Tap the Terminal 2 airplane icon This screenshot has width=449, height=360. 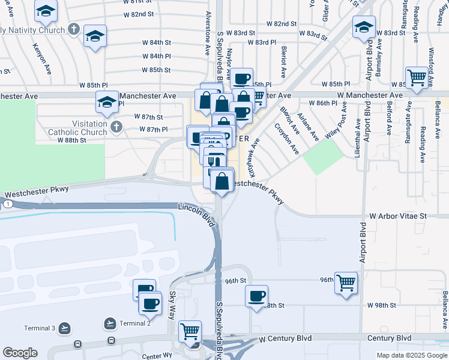coord(110,323)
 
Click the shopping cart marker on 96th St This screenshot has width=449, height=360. coord(346,282)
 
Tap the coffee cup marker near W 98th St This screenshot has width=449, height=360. coord(257,296)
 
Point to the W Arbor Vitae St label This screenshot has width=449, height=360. coord(397,215)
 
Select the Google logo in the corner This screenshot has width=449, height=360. coord(20,353)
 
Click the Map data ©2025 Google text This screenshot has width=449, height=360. coord(412,355)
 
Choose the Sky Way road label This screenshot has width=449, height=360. coord(172,305)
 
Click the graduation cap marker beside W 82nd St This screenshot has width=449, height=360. coord(95,35)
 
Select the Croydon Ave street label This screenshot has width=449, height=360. coord(286,139)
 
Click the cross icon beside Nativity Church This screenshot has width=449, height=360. coord(74,28)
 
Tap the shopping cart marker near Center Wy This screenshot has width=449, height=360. coord(190,330)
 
